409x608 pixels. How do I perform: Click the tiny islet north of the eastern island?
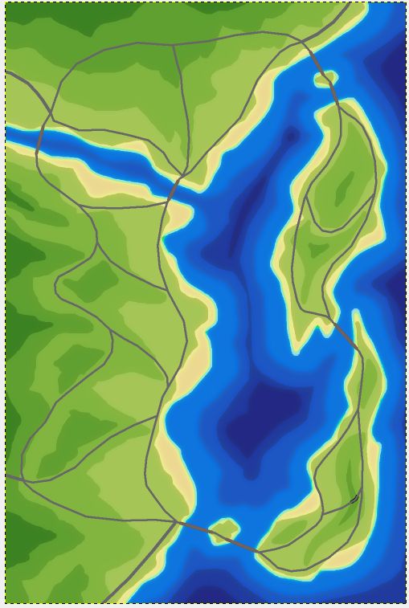tap(326, 78)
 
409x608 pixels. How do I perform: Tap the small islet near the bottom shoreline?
tap(224, 530)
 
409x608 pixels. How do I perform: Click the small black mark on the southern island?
tap(354, 500)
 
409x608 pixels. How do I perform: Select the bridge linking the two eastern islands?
tap(343, 332)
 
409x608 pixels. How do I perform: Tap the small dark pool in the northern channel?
tap(290, 137)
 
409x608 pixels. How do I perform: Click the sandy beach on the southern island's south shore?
tap(337, 559)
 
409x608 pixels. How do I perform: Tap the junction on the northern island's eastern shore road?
tap(374, 194)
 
